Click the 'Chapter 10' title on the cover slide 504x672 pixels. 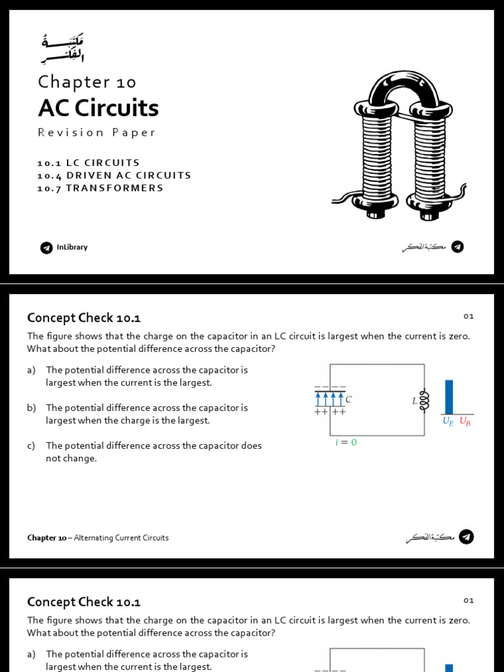pyautogui.click(x=87, y=82)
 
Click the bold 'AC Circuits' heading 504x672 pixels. pyautogui.click(x=98, y=108)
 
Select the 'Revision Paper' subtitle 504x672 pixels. pyautogui.click(x=96, y=133)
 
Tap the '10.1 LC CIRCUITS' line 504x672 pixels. pyautogui.click(x=89, y=162)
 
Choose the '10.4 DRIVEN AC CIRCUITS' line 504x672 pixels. pyautogui.click(x=114, y=175)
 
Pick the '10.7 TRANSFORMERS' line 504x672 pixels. pyautogui.click(x=100, y=188)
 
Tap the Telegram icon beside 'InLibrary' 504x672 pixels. pyautogui.click(x=46, y=247)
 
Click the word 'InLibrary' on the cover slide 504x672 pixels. pyautogui.click(x=72, y=247)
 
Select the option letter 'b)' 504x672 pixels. pyautogui.click(x=31, y=408)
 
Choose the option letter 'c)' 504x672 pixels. pyautogui.click(x=31, y=446)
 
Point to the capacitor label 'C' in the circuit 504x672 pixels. pyautogui.click(x=348, y=399)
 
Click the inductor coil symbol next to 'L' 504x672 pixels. pyautogui.click(x=423, y=400)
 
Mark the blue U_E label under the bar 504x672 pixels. pyautogui.click(x=449, y=421)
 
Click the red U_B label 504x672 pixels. pyautogui.click(x=465, y=421)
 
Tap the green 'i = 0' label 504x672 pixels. pyautogui.click(x=346, y=442)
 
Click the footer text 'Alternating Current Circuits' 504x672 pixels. pyautogui.click(x=121, y=537)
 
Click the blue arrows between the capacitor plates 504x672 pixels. pyautogui.click(x=330, y=400)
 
